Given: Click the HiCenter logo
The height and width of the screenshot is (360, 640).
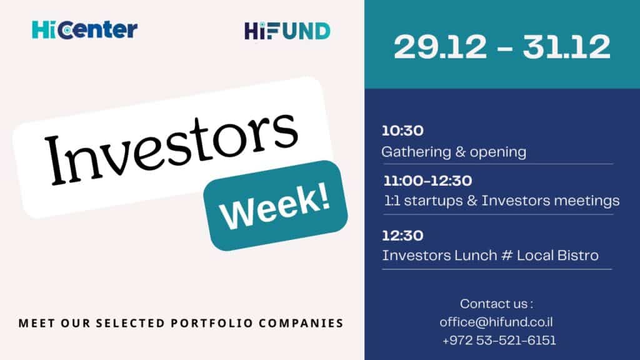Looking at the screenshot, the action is pos(84,30).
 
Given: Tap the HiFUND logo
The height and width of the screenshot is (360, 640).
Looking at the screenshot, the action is pos(287,31).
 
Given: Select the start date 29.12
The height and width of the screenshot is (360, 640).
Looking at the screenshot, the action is pos(441,47).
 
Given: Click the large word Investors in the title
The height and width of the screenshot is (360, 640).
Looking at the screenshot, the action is pos(171,148).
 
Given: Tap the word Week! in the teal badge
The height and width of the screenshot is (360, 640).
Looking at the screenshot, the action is pos(275,206).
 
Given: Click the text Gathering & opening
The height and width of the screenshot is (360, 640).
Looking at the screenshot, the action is pos(454,152).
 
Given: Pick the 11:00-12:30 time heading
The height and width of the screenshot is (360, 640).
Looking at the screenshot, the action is pos(427,181).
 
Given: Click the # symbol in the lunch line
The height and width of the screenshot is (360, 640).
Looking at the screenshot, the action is pos(507,256).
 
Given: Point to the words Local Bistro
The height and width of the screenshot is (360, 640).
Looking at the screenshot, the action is pos(557,256).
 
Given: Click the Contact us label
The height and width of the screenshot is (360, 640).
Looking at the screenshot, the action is pos(496,304).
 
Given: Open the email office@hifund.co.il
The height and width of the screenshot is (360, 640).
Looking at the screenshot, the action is pos(496,322).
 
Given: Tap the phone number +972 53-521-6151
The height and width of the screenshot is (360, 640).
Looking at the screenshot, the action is pos(499,341).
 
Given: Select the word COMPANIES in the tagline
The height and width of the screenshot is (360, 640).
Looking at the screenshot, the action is pos(301,323).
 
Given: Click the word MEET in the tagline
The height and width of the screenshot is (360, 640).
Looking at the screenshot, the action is pos(37,323).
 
